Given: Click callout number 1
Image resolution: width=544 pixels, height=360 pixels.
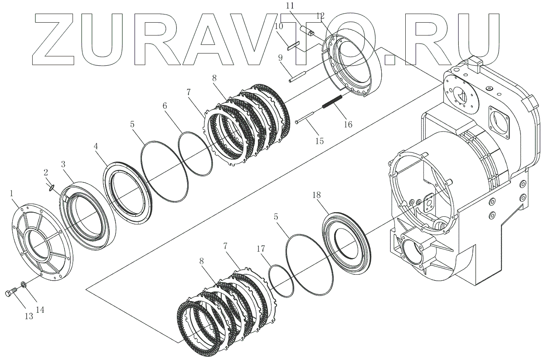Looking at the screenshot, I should click(x=13, y=194).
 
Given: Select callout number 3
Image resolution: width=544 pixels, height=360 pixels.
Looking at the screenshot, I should click(x=63, y=164).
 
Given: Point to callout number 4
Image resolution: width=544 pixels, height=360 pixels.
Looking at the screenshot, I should click(x=96, y=146).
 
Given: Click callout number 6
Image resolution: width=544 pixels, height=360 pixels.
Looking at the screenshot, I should click(x=165, y=106).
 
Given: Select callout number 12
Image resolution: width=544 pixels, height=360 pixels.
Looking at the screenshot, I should click(x=321, y=16).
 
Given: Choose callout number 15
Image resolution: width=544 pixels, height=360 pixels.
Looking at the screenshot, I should click(x=319, y=141).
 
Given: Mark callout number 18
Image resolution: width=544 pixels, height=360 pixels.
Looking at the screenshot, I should click(x=317, y=195).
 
